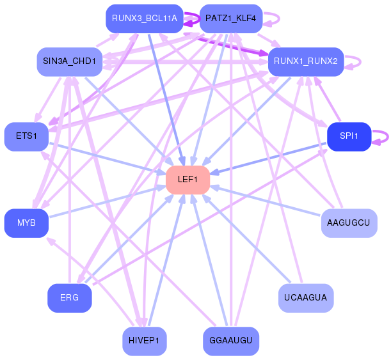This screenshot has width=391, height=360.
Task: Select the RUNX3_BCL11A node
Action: [144, 19]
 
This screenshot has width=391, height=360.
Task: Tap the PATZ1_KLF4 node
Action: [230, 19]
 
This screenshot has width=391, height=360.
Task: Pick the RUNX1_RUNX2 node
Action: [306, 61]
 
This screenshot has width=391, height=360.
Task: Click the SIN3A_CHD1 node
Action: [69, 61]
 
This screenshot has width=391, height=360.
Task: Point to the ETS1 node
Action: [27, 136]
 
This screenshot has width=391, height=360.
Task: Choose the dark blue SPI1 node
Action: [349, 136]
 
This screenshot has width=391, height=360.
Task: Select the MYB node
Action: [27, 223]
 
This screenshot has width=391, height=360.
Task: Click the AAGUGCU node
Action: [349, 223]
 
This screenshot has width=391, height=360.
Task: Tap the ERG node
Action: [69, 298]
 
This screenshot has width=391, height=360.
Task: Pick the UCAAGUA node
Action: [306, 298]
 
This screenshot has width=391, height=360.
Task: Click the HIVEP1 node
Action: [144, 341]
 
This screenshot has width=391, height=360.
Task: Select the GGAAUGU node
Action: [230, 341]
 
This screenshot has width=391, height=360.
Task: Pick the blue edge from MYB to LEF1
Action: [106, 201]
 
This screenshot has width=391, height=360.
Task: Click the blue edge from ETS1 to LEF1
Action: [106, 158]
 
